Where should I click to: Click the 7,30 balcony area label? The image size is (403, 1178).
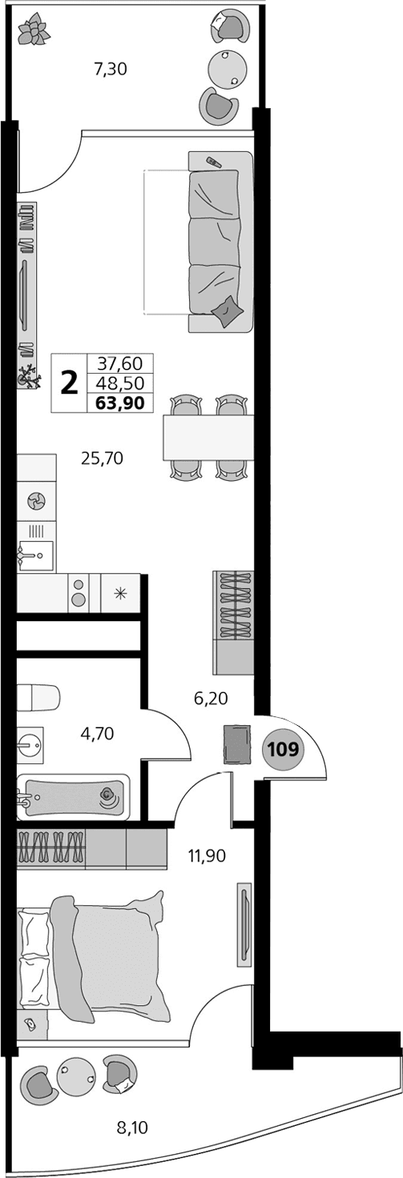click(111, 69)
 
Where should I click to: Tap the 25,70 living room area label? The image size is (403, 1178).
click(102, 459)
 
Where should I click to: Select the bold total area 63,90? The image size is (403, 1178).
click(119, 403)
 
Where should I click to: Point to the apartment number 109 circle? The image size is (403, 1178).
click(284, 750)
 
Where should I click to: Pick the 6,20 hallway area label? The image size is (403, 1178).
click(212, 698)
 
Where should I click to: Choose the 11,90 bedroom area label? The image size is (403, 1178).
click(207, 855)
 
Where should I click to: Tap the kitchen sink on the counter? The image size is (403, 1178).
click(34, 552)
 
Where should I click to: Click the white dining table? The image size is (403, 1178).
click(208, 437)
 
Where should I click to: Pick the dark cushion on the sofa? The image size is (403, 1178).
click(228, 310)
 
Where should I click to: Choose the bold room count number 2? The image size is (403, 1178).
click(71, 383)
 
